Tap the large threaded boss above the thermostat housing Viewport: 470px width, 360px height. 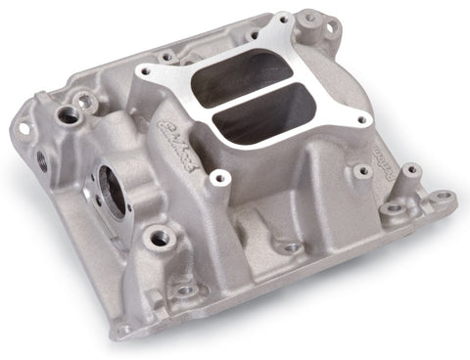[70, 115]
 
